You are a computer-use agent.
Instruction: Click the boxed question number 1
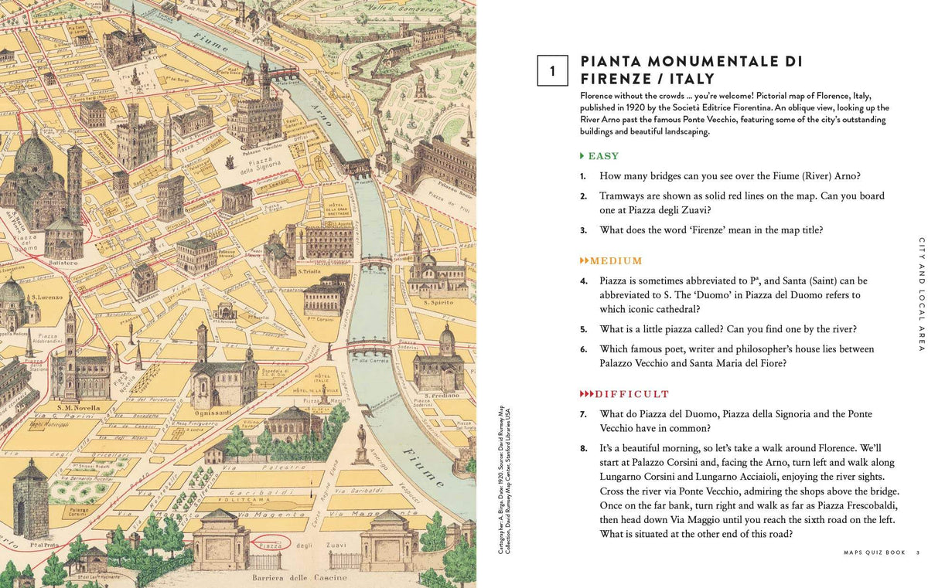(552, 71)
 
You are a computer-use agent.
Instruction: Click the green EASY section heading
(603, 156)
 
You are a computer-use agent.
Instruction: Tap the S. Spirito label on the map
(437, 302)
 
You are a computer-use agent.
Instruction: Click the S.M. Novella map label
(76, 407)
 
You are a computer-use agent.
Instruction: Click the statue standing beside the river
(360, 437)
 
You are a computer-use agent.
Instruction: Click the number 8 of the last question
(584, 448)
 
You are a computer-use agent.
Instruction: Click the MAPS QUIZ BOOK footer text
(875, 552)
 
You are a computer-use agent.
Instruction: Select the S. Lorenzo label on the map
(46, 297)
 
